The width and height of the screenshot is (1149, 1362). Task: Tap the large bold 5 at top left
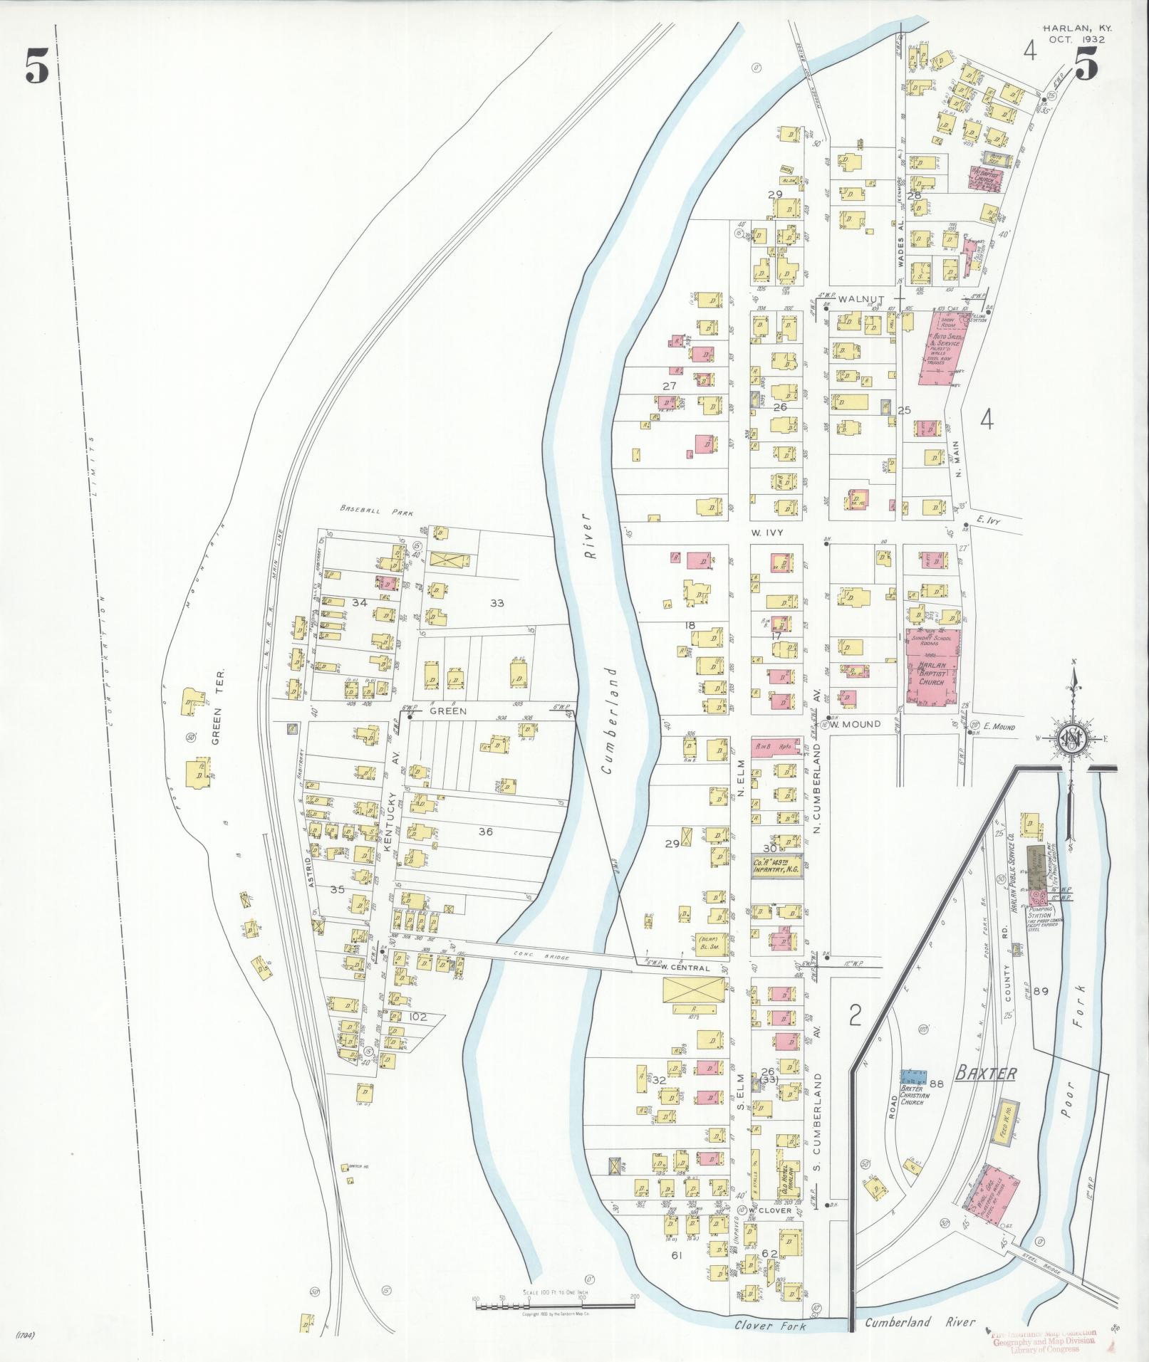(37, 68)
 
